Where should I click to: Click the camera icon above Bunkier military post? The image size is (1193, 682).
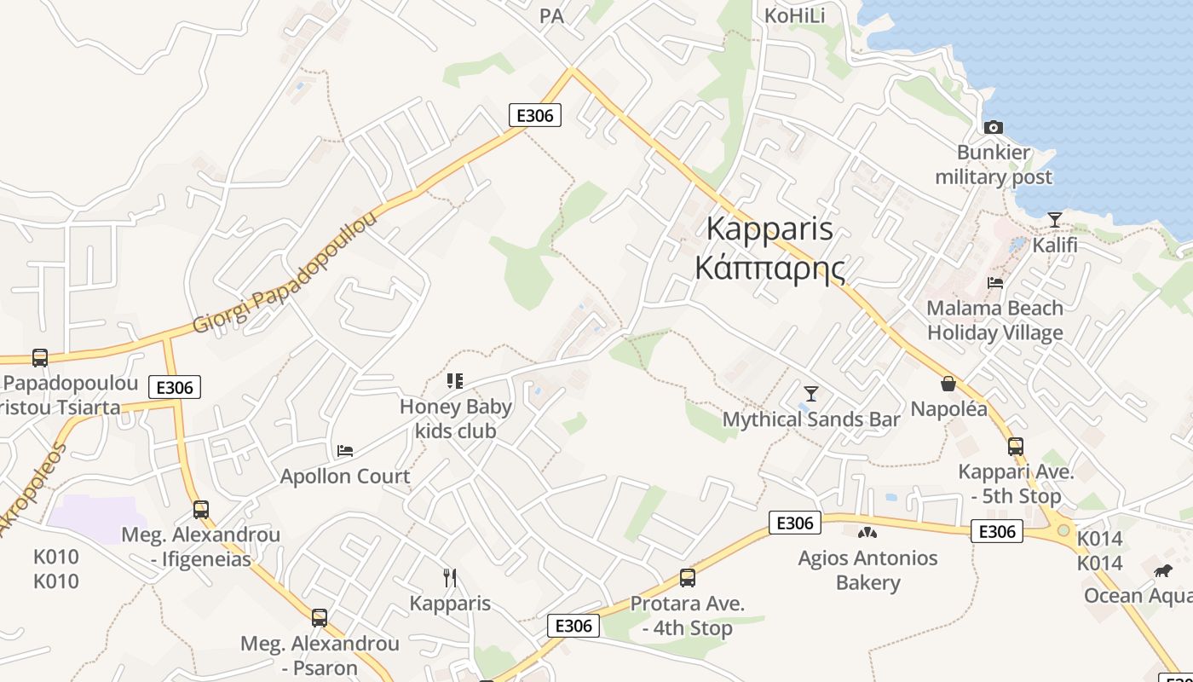pos(993,127)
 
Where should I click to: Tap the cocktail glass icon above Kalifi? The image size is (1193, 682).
pos(1055,220)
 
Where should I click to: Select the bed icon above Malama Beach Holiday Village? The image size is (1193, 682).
pos(994,282)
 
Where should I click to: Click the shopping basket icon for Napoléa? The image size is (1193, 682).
pos(948,384)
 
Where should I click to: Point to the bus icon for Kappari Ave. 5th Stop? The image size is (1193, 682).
pos(1015,446)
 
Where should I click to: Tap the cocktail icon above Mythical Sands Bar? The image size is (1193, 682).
pos(811,393)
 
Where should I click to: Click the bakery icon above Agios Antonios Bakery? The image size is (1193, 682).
pos(867,533)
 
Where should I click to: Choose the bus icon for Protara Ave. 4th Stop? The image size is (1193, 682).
pos(687,578)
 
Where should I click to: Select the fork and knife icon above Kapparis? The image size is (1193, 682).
pos(450,578)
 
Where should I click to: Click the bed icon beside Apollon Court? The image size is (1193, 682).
pos(345,450)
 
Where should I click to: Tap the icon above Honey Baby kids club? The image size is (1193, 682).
pos(455,380)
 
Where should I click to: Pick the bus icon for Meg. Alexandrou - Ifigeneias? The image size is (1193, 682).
pos(201,509)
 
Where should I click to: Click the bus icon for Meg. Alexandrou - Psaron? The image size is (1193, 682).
pos(320,617)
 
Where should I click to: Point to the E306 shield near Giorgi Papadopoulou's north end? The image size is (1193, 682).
pos(535,115)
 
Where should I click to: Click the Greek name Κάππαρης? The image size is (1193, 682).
pos(770,268)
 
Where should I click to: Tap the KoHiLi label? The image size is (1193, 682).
pos(795,15)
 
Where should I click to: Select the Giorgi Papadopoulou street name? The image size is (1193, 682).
pos(285,273)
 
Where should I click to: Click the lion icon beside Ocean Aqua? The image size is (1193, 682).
pos(1163,570)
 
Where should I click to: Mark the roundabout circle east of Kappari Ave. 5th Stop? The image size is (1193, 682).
pos(1063,530)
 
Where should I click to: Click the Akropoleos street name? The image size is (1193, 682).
pos(34,490)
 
